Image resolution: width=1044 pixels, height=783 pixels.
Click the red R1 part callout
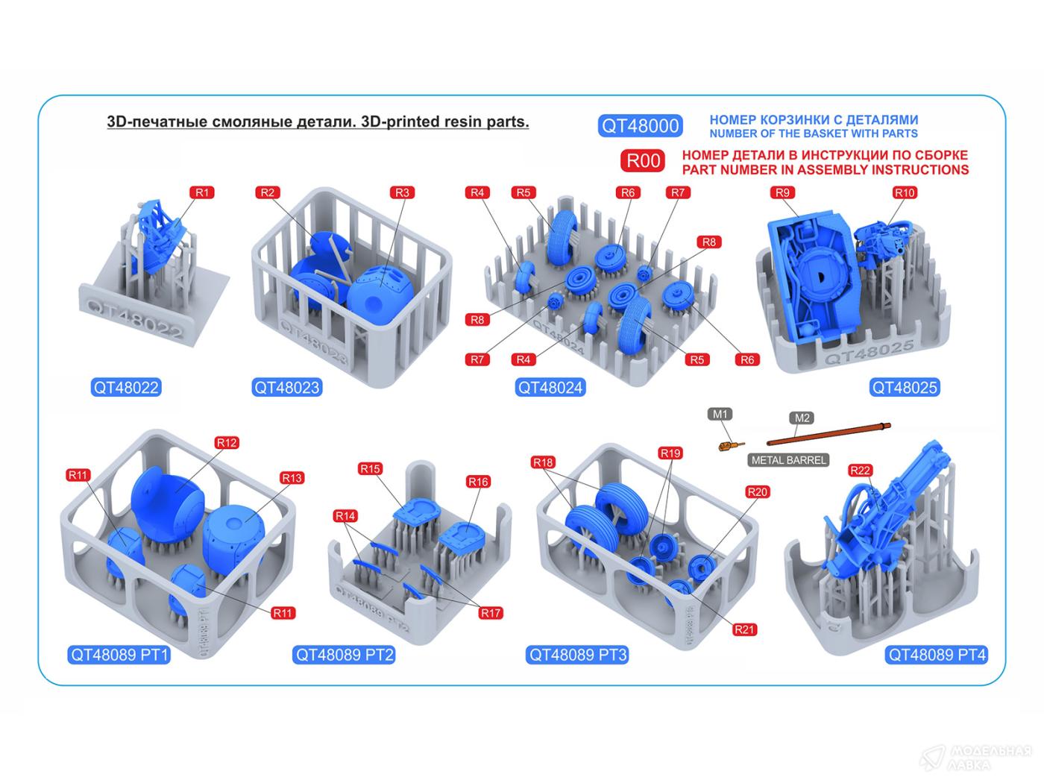pos(202,192)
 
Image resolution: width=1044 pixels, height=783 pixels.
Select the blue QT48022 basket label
pos(126,388)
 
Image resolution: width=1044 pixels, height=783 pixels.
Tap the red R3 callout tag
pos(402,192)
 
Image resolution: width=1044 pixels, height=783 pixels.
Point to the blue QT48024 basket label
pos(550,388)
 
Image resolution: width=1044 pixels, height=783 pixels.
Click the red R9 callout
pos(782,192)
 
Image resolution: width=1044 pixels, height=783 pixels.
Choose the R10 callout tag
pos(904,192)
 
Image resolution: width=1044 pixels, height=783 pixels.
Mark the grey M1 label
pos(720,415)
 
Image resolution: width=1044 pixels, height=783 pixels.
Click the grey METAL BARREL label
pos(788,460)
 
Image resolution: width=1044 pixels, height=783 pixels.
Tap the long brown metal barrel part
pos(828,435)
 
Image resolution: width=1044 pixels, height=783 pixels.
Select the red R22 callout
pos(860,471)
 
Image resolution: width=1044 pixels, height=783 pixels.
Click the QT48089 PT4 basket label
pos(937,655)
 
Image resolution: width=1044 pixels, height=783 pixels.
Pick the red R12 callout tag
pos(227,443)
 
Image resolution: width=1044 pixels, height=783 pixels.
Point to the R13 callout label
pos(292,478)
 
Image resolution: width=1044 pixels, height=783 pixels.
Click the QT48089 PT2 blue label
pos(345,655)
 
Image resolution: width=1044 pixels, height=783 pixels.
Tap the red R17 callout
pos(491,613)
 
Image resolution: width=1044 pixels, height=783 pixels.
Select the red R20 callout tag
pos(757,492)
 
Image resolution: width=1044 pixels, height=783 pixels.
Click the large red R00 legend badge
pos(643,161)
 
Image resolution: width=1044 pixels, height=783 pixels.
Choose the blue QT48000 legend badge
pos(640,126)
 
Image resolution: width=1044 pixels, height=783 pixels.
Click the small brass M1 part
pos(730,446)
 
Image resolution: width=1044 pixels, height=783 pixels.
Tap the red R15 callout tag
pos(370,469)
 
